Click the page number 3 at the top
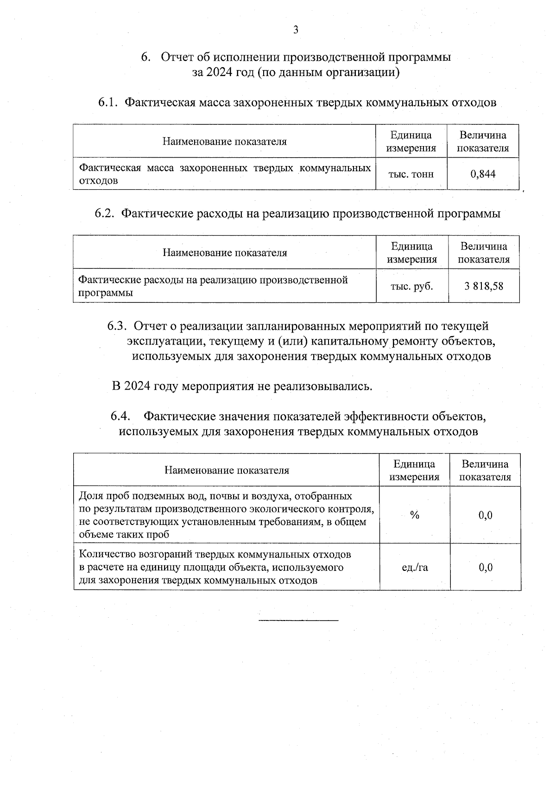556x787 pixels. point(296,30)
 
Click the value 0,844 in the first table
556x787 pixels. point(483,174)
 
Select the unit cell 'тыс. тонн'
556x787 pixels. point(411,174)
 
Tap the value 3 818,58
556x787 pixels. point(484,286)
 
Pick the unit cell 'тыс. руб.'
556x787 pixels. point(412,286)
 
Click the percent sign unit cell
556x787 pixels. point(414,515)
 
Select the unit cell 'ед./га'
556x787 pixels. point(415,567)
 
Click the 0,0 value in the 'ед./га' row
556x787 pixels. point(486,567)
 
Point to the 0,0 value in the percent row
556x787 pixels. point(486,515)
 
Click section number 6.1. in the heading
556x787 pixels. point(109,102)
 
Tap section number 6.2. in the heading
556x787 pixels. point(105,214)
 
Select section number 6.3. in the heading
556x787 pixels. point(117,326)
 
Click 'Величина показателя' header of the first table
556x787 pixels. point(483,141)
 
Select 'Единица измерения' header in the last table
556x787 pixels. point(414,470)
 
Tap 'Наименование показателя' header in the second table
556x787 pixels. point(225,253)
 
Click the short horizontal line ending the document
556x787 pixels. point(298,620)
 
